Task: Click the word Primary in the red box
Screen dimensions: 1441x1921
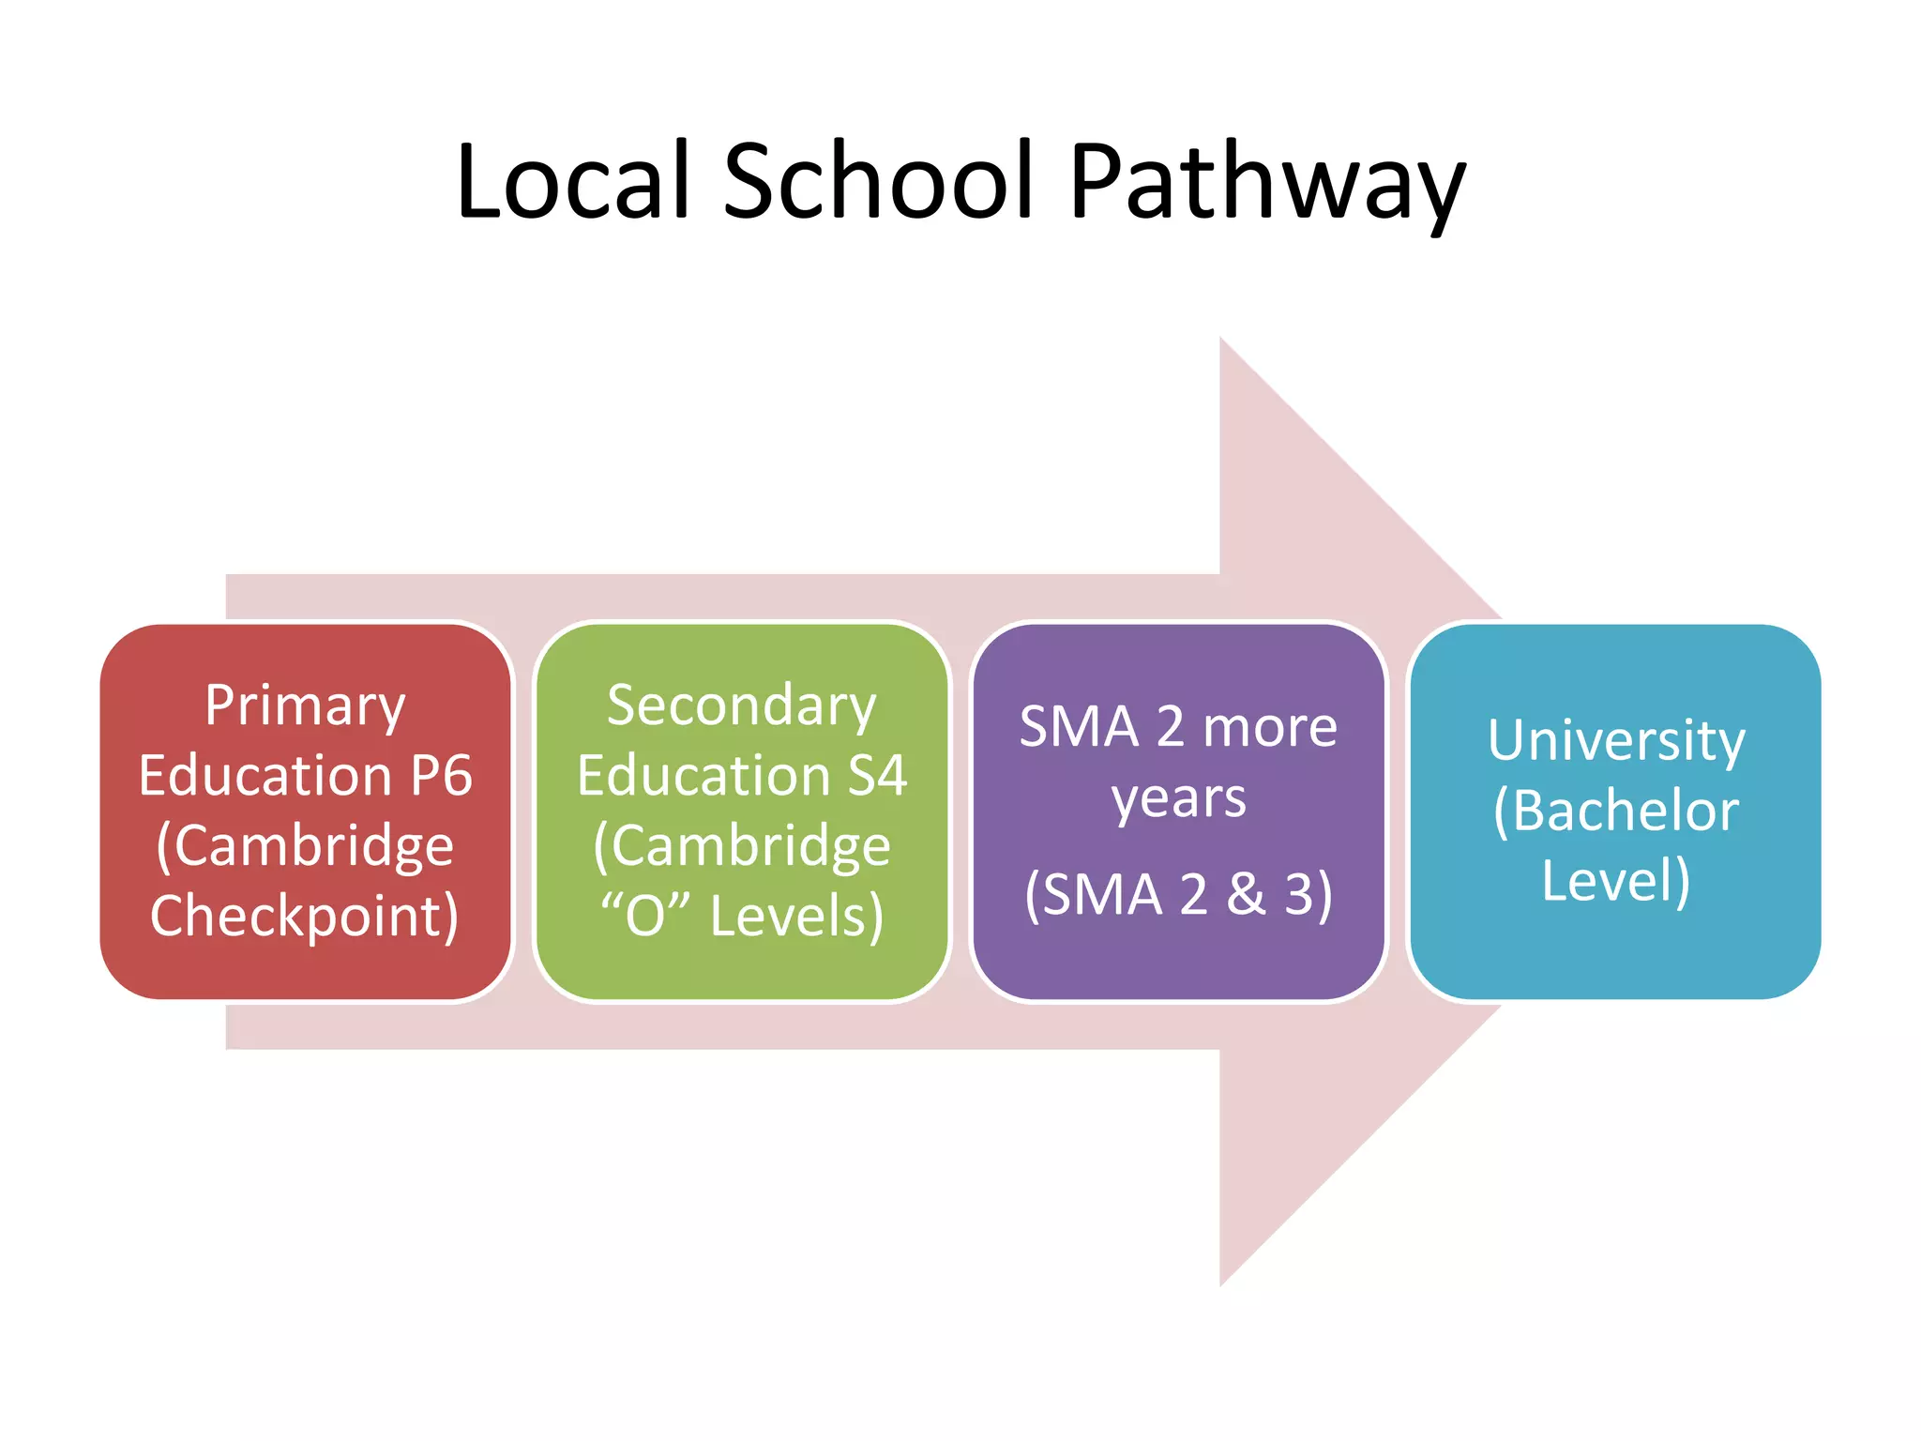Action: pyautogui.click(x=306, y=706)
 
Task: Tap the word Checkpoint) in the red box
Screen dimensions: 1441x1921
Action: pyautogui.click(x=305, y=917)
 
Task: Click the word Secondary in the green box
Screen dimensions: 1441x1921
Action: pyautogui.click(x=741, y=706)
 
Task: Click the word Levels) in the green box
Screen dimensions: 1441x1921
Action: pyautogui.click(x=796, y=917)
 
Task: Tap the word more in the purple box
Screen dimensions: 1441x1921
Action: pyautogui.click(x=1270, y=727)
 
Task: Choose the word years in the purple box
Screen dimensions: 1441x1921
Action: pyautogui.click(x=1179, y=800)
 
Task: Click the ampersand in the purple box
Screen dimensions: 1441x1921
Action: pyautogui.click(x=1246, y=893)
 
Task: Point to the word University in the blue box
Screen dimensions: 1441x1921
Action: pyautogui.click(x=1616, y=741)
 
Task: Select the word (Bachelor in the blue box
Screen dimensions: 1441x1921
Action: pyautogui.click(x=1616, y=811)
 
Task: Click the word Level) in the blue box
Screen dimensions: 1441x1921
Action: pyautogui.click(x=1616, y=881)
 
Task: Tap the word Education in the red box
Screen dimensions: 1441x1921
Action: pyautogui.click(x=265, y=776)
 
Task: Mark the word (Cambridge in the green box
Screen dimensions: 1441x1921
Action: pyautogui.click(x=741, y=846)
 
